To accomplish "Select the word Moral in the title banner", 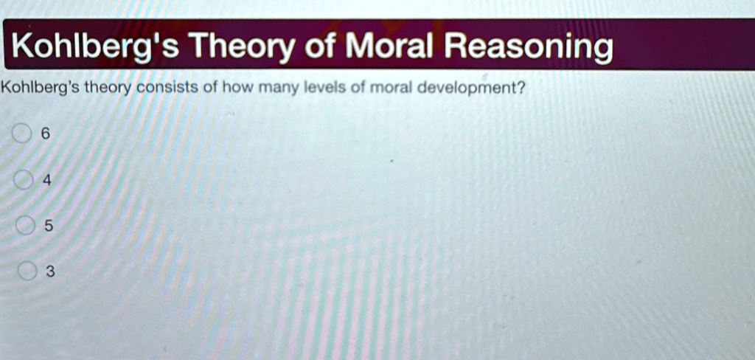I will click(390, 47).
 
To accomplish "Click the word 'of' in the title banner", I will click(320, 47).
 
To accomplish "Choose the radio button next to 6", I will click(21, 134).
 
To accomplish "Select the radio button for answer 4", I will click(22, 180).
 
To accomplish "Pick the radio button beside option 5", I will click(24, 226).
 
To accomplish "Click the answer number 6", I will click(46, 134).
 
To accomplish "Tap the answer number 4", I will click(47, 180).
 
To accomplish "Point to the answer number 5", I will click(49, 226).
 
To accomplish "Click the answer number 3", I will click(50, 273).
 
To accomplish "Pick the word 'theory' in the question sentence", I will click(107, 90).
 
